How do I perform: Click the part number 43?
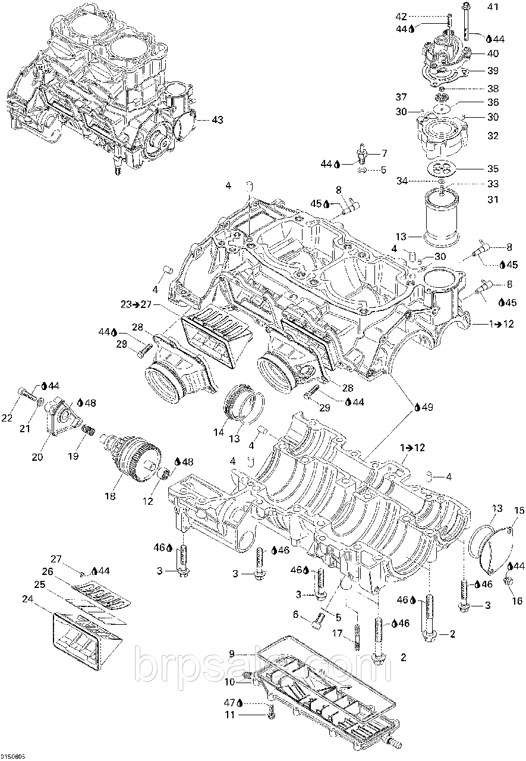(x=217, y=120)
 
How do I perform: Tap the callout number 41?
(x=493, y=7)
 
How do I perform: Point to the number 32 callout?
(x=493, y=136)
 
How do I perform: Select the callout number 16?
(x=516, y=601)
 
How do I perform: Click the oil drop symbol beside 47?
(x=239, y=702)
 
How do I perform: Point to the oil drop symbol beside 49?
(x=418, y=407)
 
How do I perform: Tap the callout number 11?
(x=230, y=715)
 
